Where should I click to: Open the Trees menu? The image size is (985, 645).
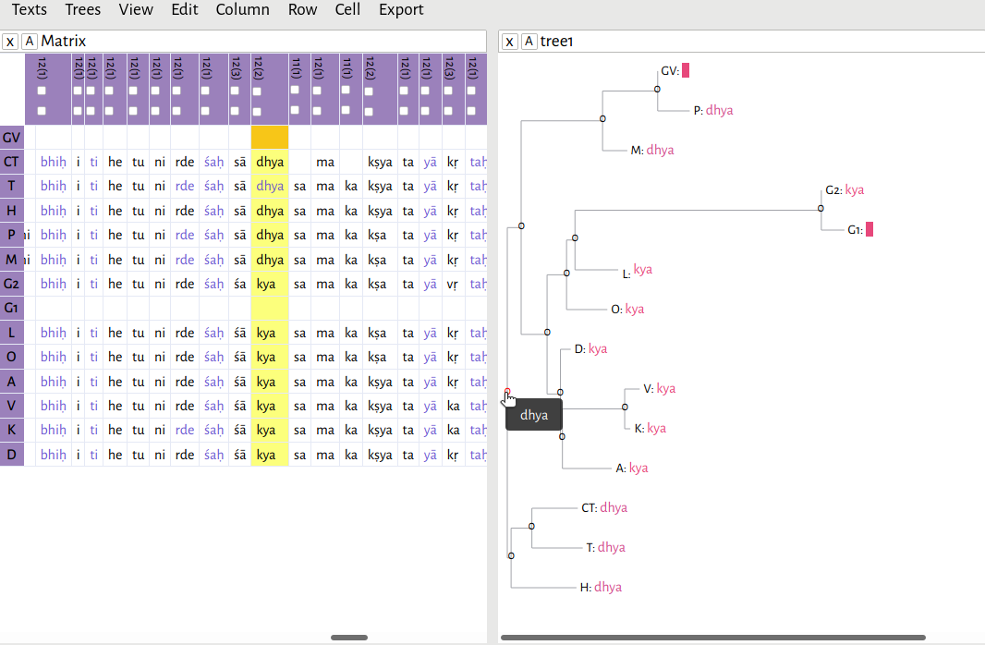tap(82, 10)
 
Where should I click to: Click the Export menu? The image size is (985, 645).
tap(401, 10)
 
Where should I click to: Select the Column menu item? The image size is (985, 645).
tap(242, 10)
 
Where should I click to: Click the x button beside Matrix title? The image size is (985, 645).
tap(9, 42)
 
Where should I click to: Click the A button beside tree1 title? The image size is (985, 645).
tap(529, 42)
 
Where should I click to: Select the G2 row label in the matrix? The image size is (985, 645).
tap(11, 284)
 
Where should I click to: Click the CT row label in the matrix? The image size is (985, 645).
tap(11, 162)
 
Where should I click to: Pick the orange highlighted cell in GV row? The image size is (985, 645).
tap(269, 138)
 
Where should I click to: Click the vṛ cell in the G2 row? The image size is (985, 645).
tap(452, 284)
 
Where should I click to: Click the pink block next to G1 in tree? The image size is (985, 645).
tap(869, 229)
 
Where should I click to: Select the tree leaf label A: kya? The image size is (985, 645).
tap(632, 469)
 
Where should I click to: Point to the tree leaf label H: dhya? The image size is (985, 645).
tap(601, 587)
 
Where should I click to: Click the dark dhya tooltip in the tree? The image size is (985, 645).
tap(534, 416)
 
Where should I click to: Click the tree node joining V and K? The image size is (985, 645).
tap(625, 407)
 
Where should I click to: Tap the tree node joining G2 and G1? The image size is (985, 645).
tap(821, 209)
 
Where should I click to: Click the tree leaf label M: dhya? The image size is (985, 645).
tap(652, 150)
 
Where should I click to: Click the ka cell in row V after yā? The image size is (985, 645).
tap(452, 406)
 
